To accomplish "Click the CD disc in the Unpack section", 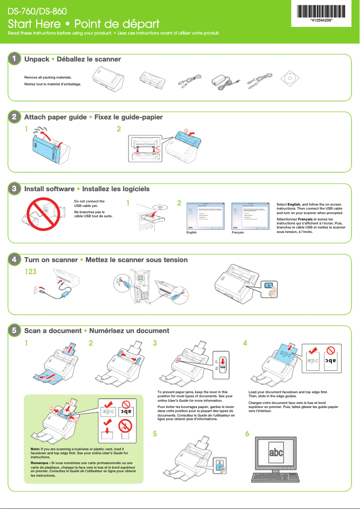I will [x=290, y=79].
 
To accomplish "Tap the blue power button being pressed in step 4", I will [x=268, y=285].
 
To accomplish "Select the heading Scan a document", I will [x=53, y=331].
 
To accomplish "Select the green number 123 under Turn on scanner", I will [x=31, y=272].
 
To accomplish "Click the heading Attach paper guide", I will [x=55, y=117].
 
